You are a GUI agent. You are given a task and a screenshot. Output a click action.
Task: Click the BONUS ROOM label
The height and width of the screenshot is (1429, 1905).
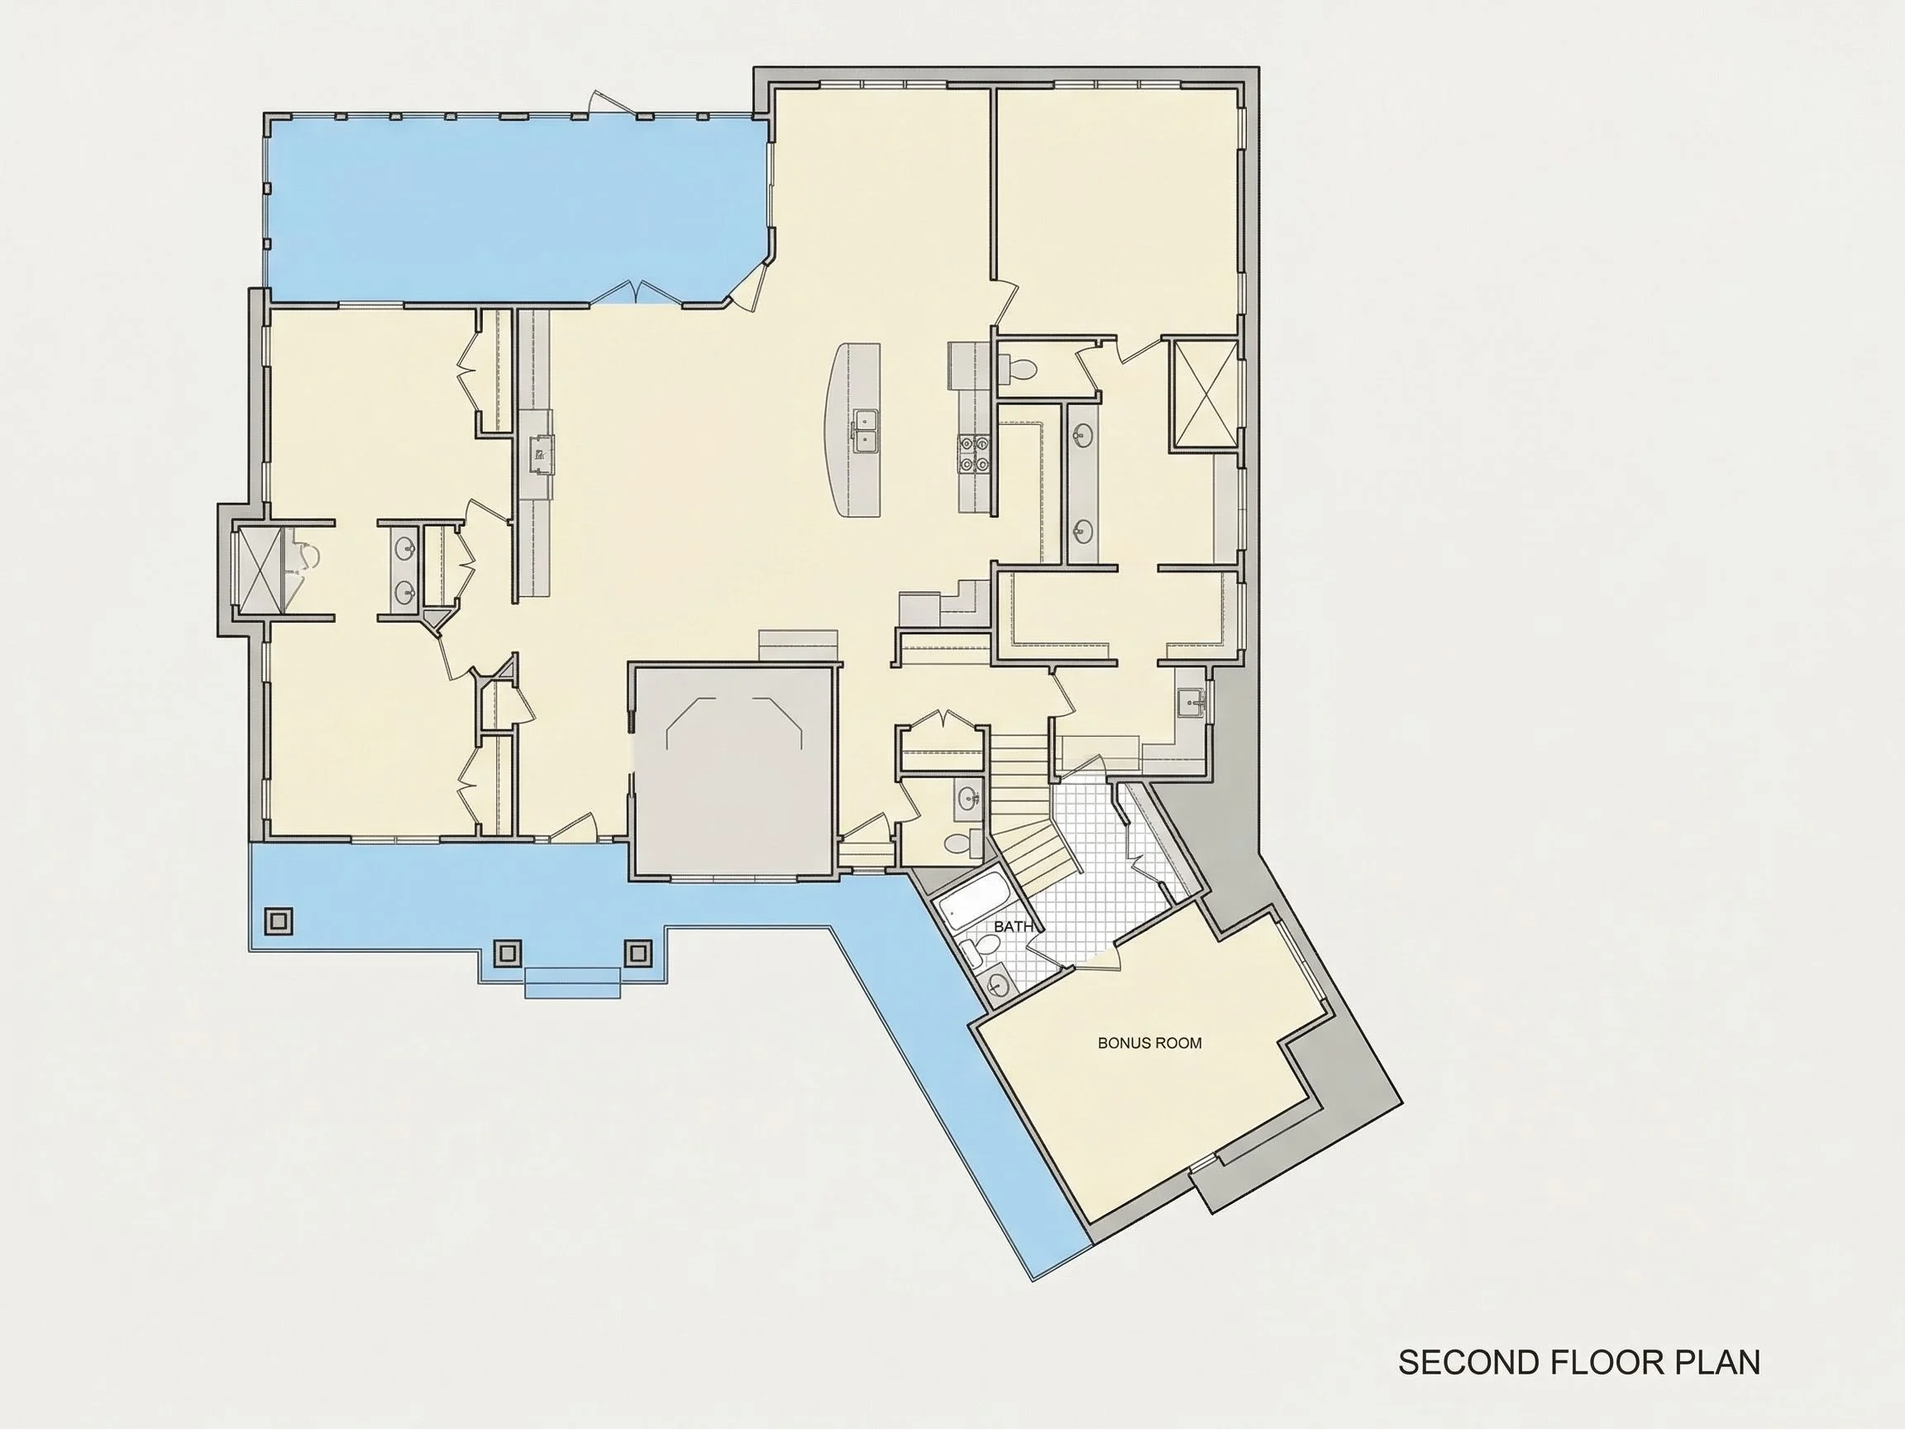pyautogui.click(x=1150, y=1043)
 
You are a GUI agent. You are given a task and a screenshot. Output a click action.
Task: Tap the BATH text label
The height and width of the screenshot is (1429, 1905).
pyautogui.click(x=1013, y=927)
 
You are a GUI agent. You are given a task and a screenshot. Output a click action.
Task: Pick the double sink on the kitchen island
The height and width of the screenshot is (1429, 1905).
pyautogui.click(x=866, y=431)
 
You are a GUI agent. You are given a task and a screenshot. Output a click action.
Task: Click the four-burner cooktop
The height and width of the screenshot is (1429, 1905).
pyautogui.click(x=974, y=454)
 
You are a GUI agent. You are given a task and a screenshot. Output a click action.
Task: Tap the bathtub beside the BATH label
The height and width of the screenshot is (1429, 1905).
pyautogui.click(x=974, y=900)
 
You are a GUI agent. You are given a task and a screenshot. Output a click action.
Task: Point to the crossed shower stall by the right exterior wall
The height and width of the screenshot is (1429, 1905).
pyautogui.click(x=1204, y=395)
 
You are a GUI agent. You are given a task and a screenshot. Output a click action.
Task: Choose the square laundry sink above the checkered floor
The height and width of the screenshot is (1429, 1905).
pyautogui.click(x=1191, y=703)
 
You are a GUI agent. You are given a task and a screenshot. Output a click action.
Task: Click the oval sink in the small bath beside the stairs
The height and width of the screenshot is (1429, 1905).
pyautogui.click(x=968, y=796)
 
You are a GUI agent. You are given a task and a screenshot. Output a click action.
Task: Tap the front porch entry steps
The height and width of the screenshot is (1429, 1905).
pyautogui.click(x=573, y=982)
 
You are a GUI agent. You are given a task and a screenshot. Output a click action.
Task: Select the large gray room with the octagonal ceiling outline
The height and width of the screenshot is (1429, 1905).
pyautogui.click(x=733, y=771)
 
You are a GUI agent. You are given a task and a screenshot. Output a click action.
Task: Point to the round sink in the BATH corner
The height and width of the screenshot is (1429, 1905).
pyautogui.click(x=1000, y=983)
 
